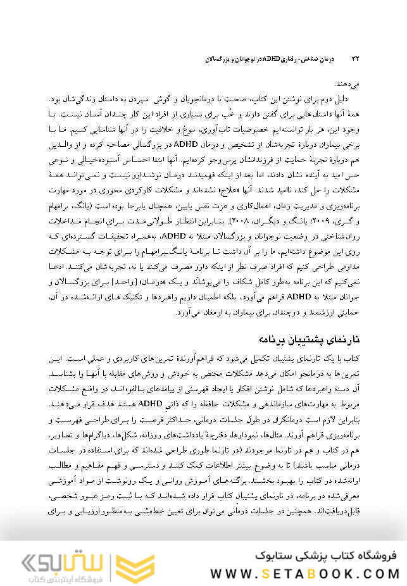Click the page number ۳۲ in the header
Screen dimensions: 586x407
(355, 59)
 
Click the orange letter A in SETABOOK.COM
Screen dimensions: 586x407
(304, 573)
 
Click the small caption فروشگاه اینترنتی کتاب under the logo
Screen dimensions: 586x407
(57, 578)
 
